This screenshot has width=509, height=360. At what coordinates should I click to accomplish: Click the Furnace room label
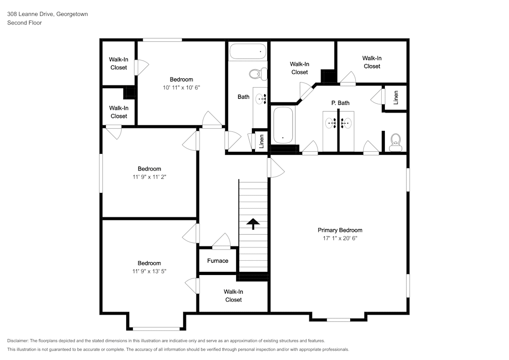tap(217, 261)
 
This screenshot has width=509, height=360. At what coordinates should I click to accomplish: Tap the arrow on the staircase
tap(253, 224)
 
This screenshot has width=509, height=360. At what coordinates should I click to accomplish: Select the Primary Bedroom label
tap(340, 230)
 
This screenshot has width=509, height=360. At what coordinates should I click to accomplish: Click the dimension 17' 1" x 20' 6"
tap(340, 238)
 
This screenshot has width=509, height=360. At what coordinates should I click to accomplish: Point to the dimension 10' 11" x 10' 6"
tap(182, 88)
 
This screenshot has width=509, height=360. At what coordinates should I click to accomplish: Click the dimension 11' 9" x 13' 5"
tap(149, 271)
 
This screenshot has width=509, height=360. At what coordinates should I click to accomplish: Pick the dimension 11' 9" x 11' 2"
tap(149, 177)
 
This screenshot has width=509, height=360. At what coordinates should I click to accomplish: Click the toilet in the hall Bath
tap(258, 74)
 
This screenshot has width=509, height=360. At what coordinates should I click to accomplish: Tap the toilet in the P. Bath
tap(395, 143)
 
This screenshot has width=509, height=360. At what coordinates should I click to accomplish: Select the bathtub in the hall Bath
tap(248, 51)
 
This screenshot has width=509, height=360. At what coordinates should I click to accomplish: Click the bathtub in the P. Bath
tap(283, 125)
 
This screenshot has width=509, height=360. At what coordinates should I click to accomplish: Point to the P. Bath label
tap(340, 103)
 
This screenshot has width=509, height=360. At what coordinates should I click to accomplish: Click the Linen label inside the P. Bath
tap(395, 97)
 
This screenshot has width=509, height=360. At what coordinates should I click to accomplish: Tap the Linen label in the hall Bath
tap(261, 142)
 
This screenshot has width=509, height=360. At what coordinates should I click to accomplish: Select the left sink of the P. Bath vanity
tap(331, 123)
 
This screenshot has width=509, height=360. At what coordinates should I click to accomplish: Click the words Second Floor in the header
tap(24, 23)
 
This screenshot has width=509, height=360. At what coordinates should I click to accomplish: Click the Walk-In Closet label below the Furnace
tap(234, 296)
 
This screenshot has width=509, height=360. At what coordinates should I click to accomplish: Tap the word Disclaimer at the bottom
tap(17, 341)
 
